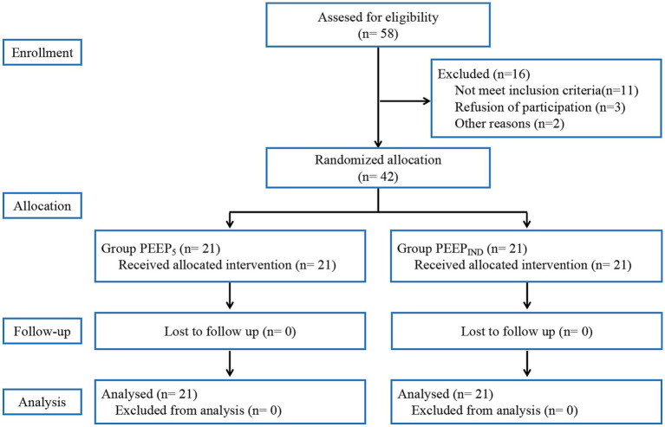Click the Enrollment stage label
42,53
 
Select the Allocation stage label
42,206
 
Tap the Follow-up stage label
42,331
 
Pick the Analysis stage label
42,402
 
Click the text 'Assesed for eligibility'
378,17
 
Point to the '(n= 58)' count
378,34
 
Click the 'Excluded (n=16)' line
484,74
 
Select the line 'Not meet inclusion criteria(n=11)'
546,90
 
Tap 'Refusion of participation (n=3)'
540,107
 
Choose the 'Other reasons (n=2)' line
509,123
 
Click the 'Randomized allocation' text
378,159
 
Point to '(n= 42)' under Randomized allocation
378,177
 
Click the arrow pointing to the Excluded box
405,100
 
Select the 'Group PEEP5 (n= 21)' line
160,249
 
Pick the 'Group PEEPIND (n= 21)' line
462,249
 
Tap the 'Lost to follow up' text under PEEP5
212,331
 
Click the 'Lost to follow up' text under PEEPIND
508,331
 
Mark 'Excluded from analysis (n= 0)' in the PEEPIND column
494,410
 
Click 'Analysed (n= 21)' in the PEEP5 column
149,394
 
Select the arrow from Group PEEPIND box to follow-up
527,295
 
